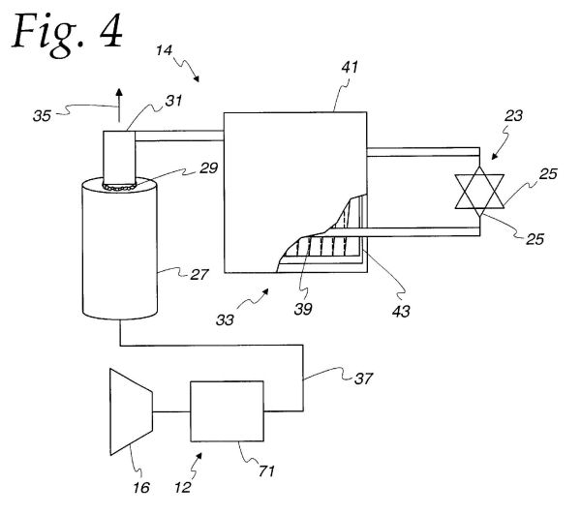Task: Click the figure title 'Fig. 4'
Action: pyautogui.click(x=68, y=34)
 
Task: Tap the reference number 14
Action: pyautogui.click(x=164, y=50)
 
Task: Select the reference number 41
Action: pyautogui.click(x=350, y=68)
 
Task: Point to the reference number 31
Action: pyautogui.click(x=173, y=101)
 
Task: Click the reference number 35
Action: pyautogui.click(x=42, y=116)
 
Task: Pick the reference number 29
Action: pyautogui.click(x=208, y=168)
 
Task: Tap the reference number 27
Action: pyautogui.click(x=199, y=275)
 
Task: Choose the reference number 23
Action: pyautogui.click(x=513, y=116)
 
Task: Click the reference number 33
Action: pyautogui.click(x=225, y=320)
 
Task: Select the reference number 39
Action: pyautogui.click(x=303, y=309)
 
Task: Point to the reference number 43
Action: pyautogui.click(x=401, y=311)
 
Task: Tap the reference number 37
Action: pyautogui.click(x=363, y=379)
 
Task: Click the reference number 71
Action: pyautogui.click(x=267, y=471)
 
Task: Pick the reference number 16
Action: pyautogui.click(x=141, y=488)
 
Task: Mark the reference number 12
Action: pyautogui.click(x=183, y=488)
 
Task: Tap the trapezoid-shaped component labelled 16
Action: pyautogui.click(x=131, y=411)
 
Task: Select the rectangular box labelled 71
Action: pyautogui.click(x=228, y=411)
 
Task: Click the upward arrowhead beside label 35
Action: pyautogui.click(x=119, y=93)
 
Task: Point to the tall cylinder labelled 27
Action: pyautogui.click(x=120, y=248)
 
